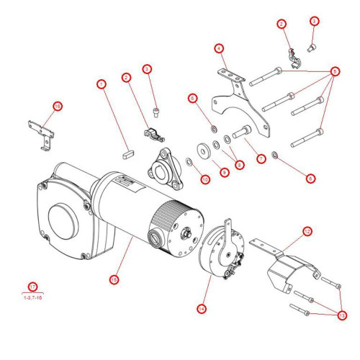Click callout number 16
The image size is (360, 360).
click(58, 106)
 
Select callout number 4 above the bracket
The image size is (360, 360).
click(219, 48)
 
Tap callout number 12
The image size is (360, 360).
click(307, 232)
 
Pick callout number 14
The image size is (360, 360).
click(202, 309)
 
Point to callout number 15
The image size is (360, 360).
click(114, 279)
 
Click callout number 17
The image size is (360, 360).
click(32, 287)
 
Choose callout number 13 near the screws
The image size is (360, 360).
click(341, 315)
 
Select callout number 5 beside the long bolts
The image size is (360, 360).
click(335, 72)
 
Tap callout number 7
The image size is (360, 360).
click(261, 158)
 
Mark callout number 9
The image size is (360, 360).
click(224, 173)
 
